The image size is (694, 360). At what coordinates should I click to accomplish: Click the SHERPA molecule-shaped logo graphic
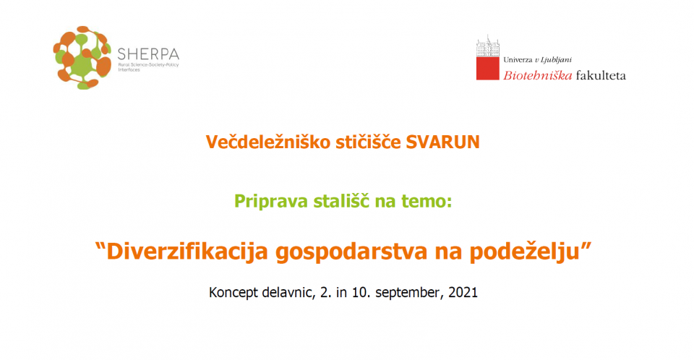tap(82, 58)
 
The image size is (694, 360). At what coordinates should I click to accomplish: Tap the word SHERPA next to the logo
tap(148, 54)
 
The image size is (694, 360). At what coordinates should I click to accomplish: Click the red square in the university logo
tap(488, 68)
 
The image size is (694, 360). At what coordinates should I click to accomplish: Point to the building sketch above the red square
tap(488, 46)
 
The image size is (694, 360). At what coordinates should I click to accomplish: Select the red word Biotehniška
tap(538, 75)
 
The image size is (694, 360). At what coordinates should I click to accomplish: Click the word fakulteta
tap(601, 75)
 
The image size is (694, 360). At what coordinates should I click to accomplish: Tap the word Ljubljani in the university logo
tap(556, 60)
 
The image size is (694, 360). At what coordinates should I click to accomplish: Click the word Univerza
tap(518, 60)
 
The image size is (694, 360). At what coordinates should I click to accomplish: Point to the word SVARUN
tap(443, 142)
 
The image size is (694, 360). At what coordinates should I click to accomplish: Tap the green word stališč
tap(342, 200)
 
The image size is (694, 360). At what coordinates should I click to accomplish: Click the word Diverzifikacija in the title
tap(187, 252)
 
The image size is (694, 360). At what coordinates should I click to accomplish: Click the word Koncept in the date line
tap(234, 293)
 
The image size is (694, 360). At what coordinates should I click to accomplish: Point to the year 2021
tap(463, 292)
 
